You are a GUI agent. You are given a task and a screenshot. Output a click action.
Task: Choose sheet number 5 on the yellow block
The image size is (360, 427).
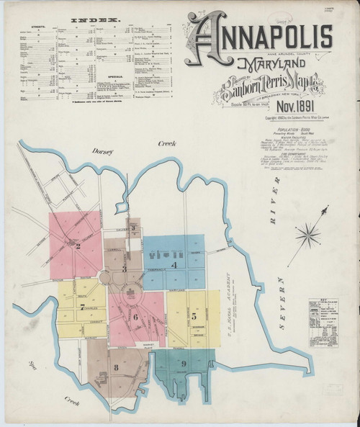pyautogui.click(x=194, y=316)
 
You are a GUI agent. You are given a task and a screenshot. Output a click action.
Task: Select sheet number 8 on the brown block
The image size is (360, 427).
pyautogui.click(x=115, y=368)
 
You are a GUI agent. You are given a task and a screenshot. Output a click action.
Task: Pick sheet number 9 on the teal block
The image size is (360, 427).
pyautogui.click(x=184, y=364)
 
